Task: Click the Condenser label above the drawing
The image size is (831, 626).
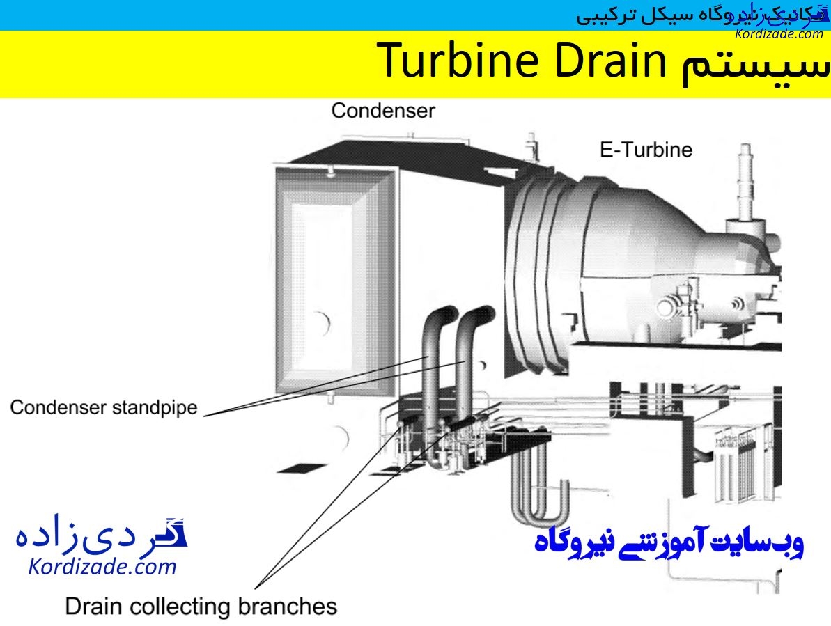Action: pyautogui.click(x=383, y=110)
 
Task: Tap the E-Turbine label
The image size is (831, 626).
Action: pyautogui.click(x=646, y=149)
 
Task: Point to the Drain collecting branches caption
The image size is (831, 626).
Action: pyautogui.click(x=201, y=606)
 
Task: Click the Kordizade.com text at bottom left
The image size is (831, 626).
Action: pyautogui.click(x=102, y=567)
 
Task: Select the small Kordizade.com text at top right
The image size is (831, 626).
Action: pyautogui.click(x=778, y=33)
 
